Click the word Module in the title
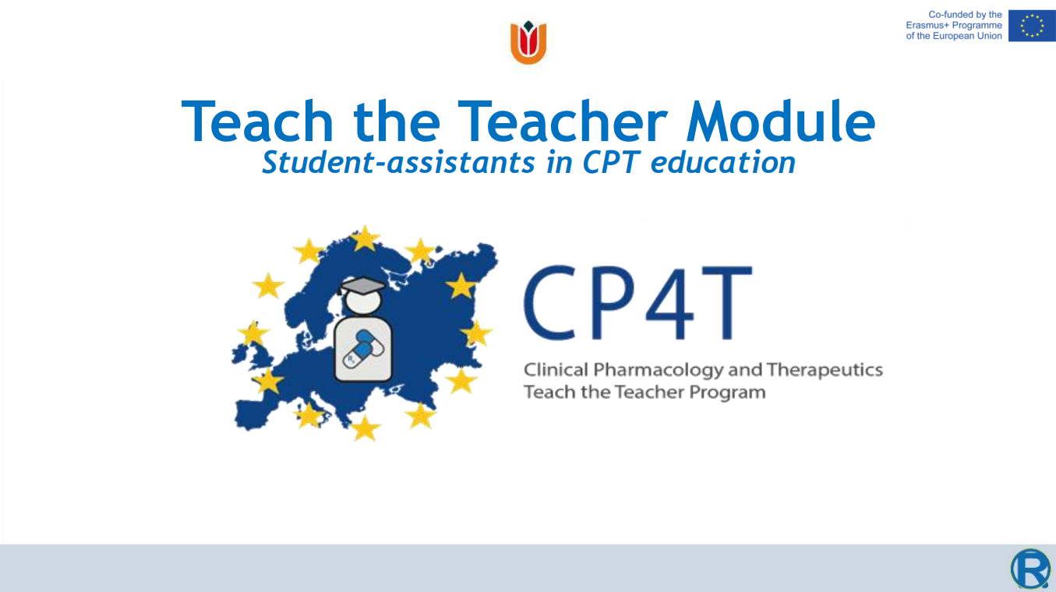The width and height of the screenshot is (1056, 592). (781, 121)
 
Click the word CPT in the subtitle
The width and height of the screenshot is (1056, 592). (610, 162)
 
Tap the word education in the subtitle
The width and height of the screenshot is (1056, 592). (722, 162)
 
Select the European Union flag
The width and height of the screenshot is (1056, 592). (1032, 26)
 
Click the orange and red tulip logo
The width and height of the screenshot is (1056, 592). (528, 42)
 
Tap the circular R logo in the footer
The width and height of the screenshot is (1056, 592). (1030, 569)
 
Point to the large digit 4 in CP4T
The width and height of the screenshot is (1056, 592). (670, 302)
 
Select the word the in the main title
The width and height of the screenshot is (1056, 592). (397, 121)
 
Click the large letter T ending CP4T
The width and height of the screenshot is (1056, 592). (726, 302)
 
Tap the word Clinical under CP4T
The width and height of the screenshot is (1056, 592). (556, 369)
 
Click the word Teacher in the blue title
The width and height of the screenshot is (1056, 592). (563, 121)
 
